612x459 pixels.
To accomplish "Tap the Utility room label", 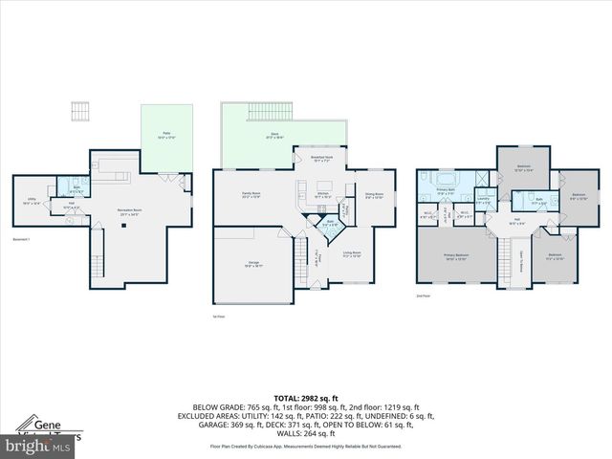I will tap(31, 202).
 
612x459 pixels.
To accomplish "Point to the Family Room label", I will tap(251, 196).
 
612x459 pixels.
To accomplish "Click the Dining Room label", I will tap(374, 196).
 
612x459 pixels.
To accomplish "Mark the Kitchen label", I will tap(322, 195).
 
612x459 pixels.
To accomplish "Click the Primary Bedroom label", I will tap(454, 256).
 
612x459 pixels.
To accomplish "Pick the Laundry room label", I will tap(483, 199).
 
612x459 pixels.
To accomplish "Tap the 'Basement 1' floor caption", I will tap(22, 238).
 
